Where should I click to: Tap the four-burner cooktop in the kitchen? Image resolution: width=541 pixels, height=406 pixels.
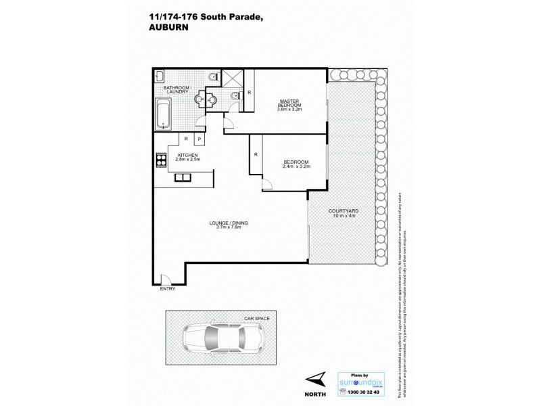click(x=161, y=161)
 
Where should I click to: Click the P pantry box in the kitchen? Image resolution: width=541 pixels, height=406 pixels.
click(x=199, y=139)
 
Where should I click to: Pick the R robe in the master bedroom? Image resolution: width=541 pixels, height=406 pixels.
click(x=250, y=92)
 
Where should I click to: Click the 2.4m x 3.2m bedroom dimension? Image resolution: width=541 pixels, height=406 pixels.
click(x=296, y=166)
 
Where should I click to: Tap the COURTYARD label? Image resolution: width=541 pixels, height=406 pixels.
click(x=342, y=211)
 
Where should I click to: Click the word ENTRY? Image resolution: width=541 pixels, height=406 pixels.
click(x=167, y=289)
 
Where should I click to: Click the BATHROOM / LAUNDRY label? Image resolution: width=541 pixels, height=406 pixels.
click(x=178, y=91)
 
